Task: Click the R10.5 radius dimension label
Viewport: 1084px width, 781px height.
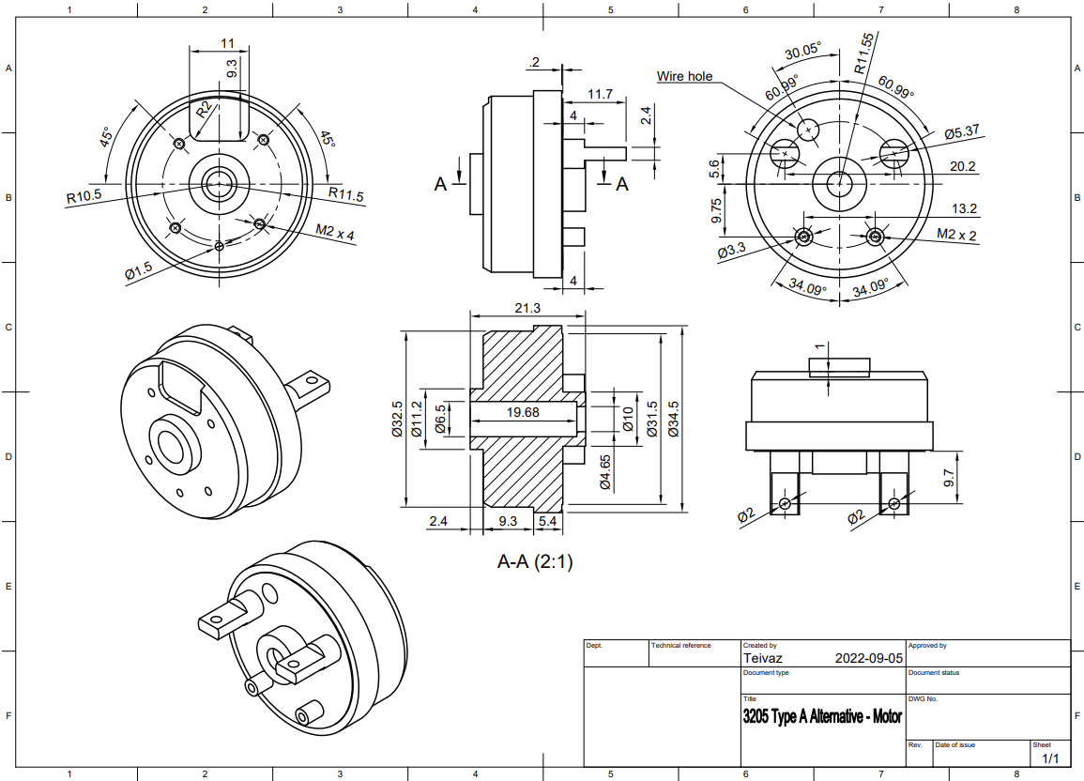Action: [84, 198]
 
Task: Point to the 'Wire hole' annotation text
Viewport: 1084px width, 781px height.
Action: [684, 76]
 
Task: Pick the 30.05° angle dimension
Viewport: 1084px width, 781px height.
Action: [803, 52]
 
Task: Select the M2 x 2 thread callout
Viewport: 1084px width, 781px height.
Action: [956, 234]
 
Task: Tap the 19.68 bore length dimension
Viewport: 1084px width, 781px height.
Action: [523, 412]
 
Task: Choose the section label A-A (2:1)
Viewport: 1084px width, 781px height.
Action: [534, 562]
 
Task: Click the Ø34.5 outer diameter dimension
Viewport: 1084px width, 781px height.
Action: [673, 418]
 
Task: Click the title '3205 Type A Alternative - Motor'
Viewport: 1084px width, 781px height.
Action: [822, 717]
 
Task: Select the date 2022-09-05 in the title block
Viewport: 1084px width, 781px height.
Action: [868, 659]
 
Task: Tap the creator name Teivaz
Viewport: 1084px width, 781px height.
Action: [762, 659]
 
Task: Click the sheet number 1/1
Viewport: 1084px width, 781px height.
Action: [1049, 758]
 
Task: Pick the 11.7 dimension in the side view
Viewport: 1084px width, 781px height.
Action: [600, 94]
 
